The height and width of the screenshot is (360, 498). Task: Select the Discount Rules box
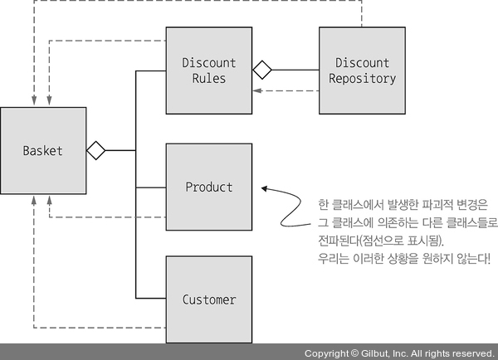pyautogui.click(x=209, y=71)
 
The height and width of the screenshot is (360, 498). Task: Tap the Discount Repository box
pyautogui.click(x=362, y=71)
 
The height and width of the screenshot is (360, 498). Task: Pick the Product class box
pyautogui.click(x=209, y=187)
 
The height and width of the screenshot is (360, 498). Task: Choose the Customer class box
pyautogui.click(x=209, y=299)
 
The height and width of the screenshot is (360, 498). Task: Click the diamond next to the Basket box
pyautogui.click(x=95, y=150)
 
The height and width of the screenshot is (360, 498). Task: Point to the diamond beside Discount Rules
pyautogui.click(x=262, y=71)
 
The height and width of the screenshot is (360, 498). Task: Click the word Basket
pyautogui.click(x=43, y=151)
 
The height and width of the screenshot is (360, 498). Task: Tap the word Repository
pyautogui.click(x=362, y=79)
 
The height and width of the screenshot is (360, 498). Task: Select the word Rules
pyautogui.click(x=209, y=79)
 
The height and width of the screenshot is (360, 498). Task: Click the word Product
pyautogui.click(x=209, y=187)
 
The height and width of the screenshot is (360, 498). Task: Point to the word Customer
pyautogui.click(x=209, y=299)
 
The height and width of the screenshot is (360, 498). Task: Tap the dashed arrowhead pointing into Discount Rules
pyautogui.click(x=256, y=90)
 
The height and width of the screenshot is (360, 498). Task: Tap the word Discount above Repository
pyautogui.click(x=362, y=63)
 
